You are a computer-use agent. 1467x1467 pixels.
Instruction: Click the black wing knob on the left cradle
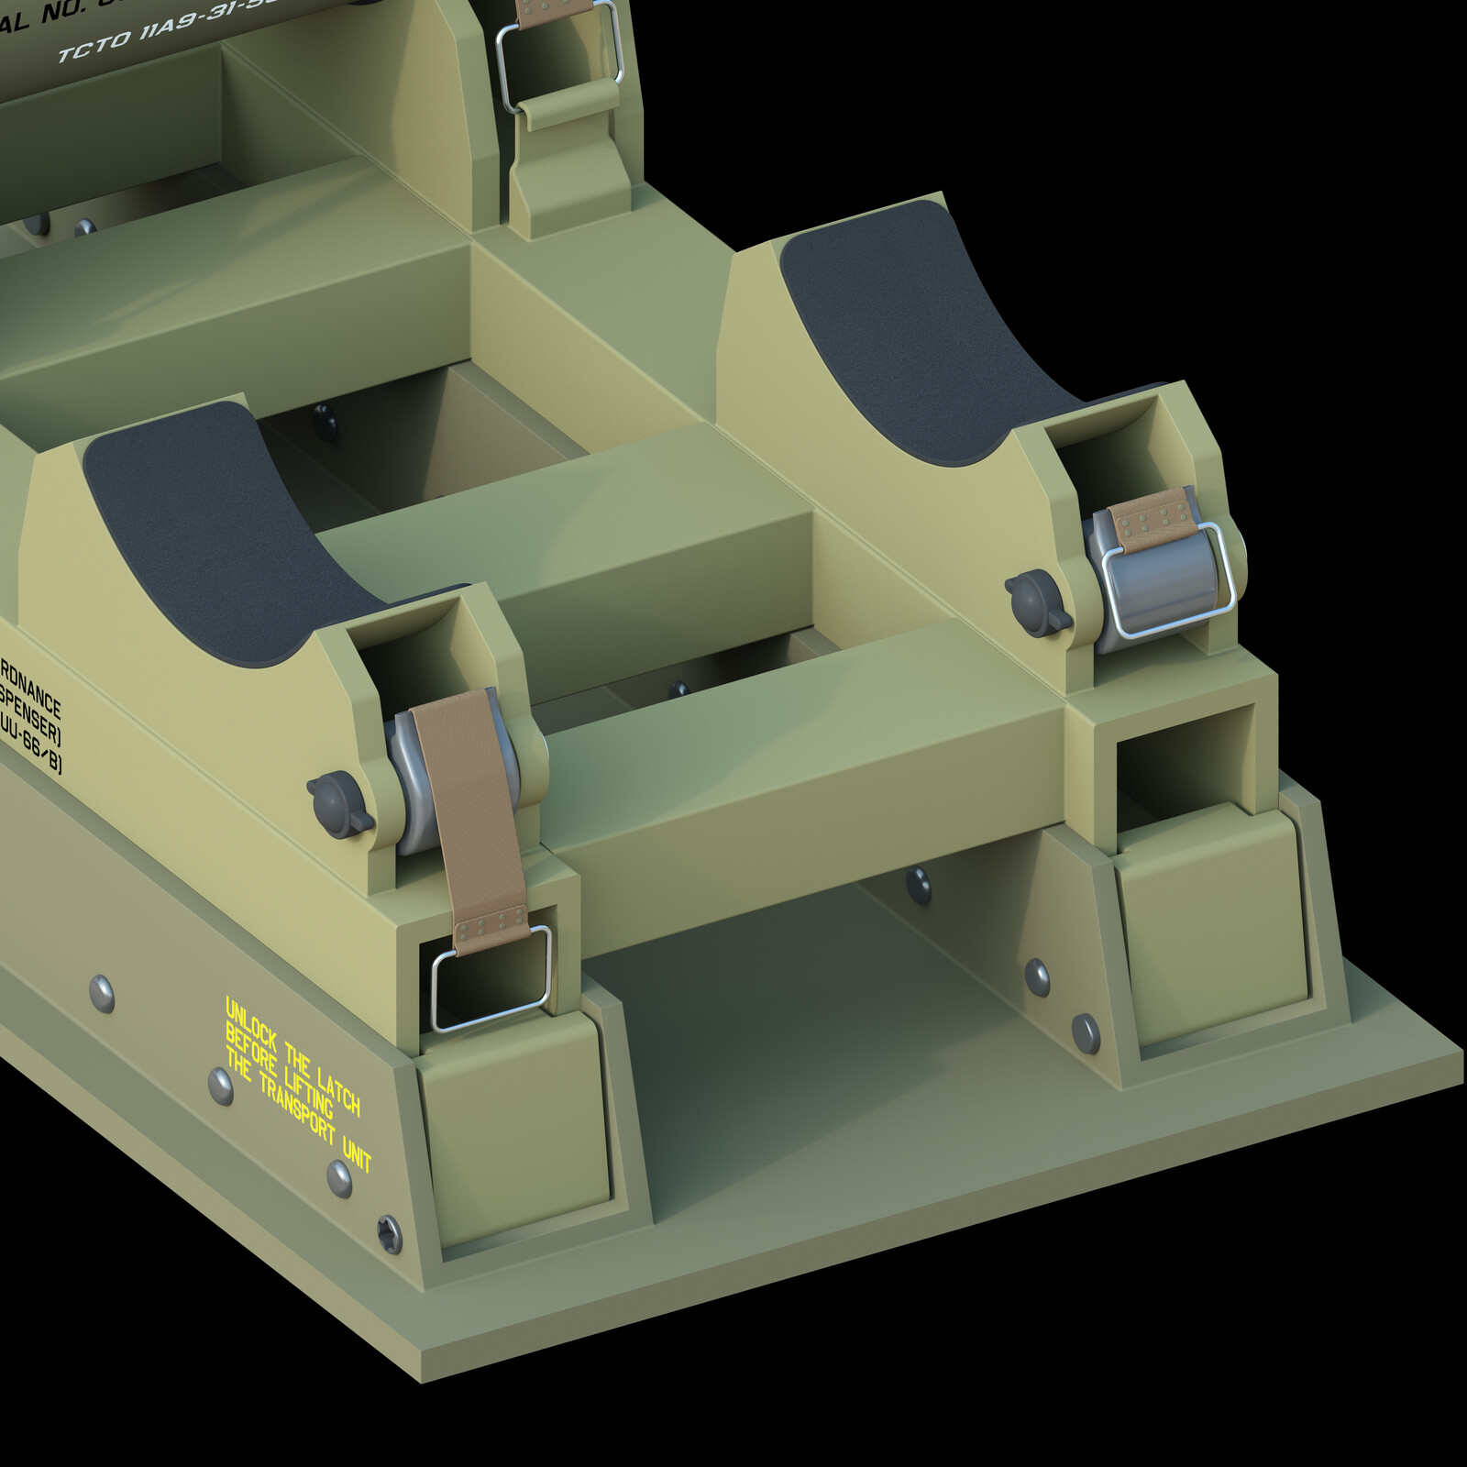point(338,804)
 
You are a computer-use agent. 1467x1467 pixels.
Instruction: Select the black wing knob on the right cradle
point(1037,602)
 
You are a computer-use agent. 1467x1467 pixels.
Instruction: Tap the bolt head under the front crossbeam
point(918,884)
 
